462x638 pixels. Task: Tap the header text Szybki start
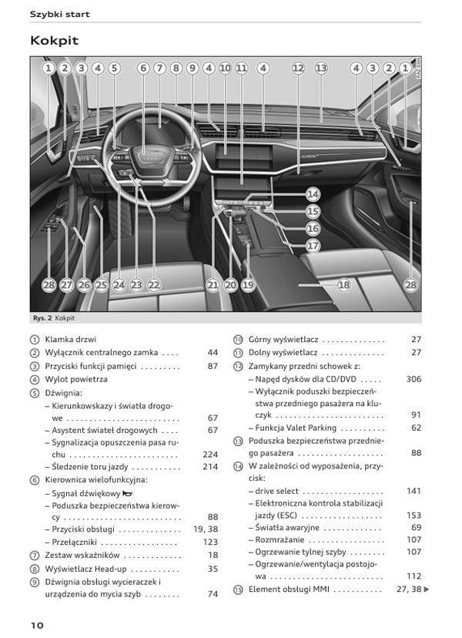point(59,14)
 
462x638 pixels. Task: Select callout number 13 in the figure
point(321,68)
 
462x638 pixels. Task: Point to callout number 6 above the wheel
point(143,68)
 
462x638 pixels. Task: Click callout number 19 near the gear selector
point(248,285)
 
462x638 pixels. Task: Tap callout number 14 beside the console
point(313,195)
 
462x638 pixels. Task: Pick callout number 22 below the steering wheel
point(154,285)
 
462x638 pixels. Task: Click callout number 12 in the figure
point(298,68)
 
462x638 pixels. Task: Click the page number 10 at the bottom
point(38,624)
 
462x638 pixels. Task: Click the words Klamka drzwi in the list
point(71,339)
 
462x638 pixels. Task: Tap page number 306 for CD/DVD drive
point(413,379)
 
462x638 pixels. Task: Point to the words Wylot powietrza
point(76,379)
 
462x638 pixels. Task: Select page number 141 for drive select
point(413,491)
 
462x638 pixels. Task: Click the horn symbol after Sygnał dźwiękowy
point(126,493)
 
